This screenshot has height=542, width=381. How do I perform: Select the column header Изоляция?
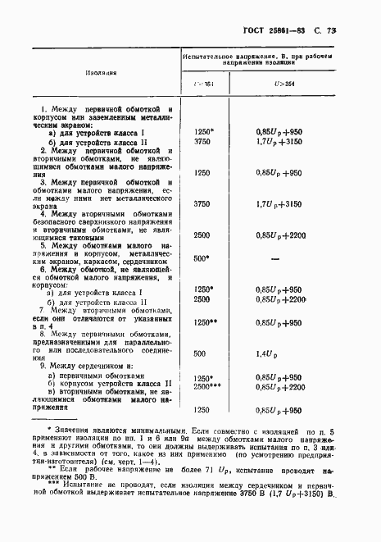click(x=99, y=71)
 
